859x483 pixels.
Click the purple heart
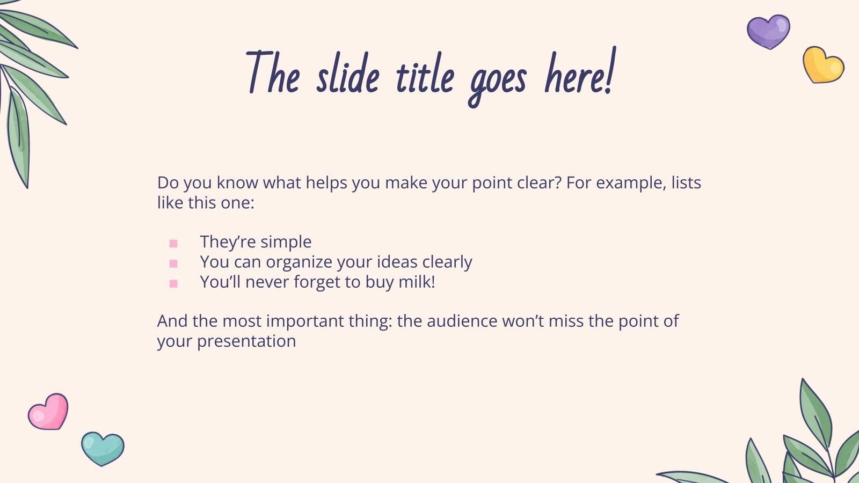[x=768, y=31]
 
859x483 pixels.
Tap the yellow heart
[x=822, y=65]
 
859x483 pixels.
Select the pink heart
[x=48, y=412]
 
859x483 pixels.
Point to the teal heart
[x=102, y=448]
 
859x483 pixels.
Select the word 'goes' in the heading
[x=498, y=80]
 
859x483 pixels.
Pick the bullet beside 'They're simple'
[x=173, y=244]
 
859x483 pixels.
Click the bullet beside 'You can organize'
[x=173, y=264]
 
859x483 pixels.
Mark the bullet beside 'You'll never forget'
[x=173, y=283]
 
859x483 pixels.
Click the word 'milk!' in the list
[x=417, y=282]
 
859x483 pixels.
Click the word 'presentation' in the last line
[x=246, y=341]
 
